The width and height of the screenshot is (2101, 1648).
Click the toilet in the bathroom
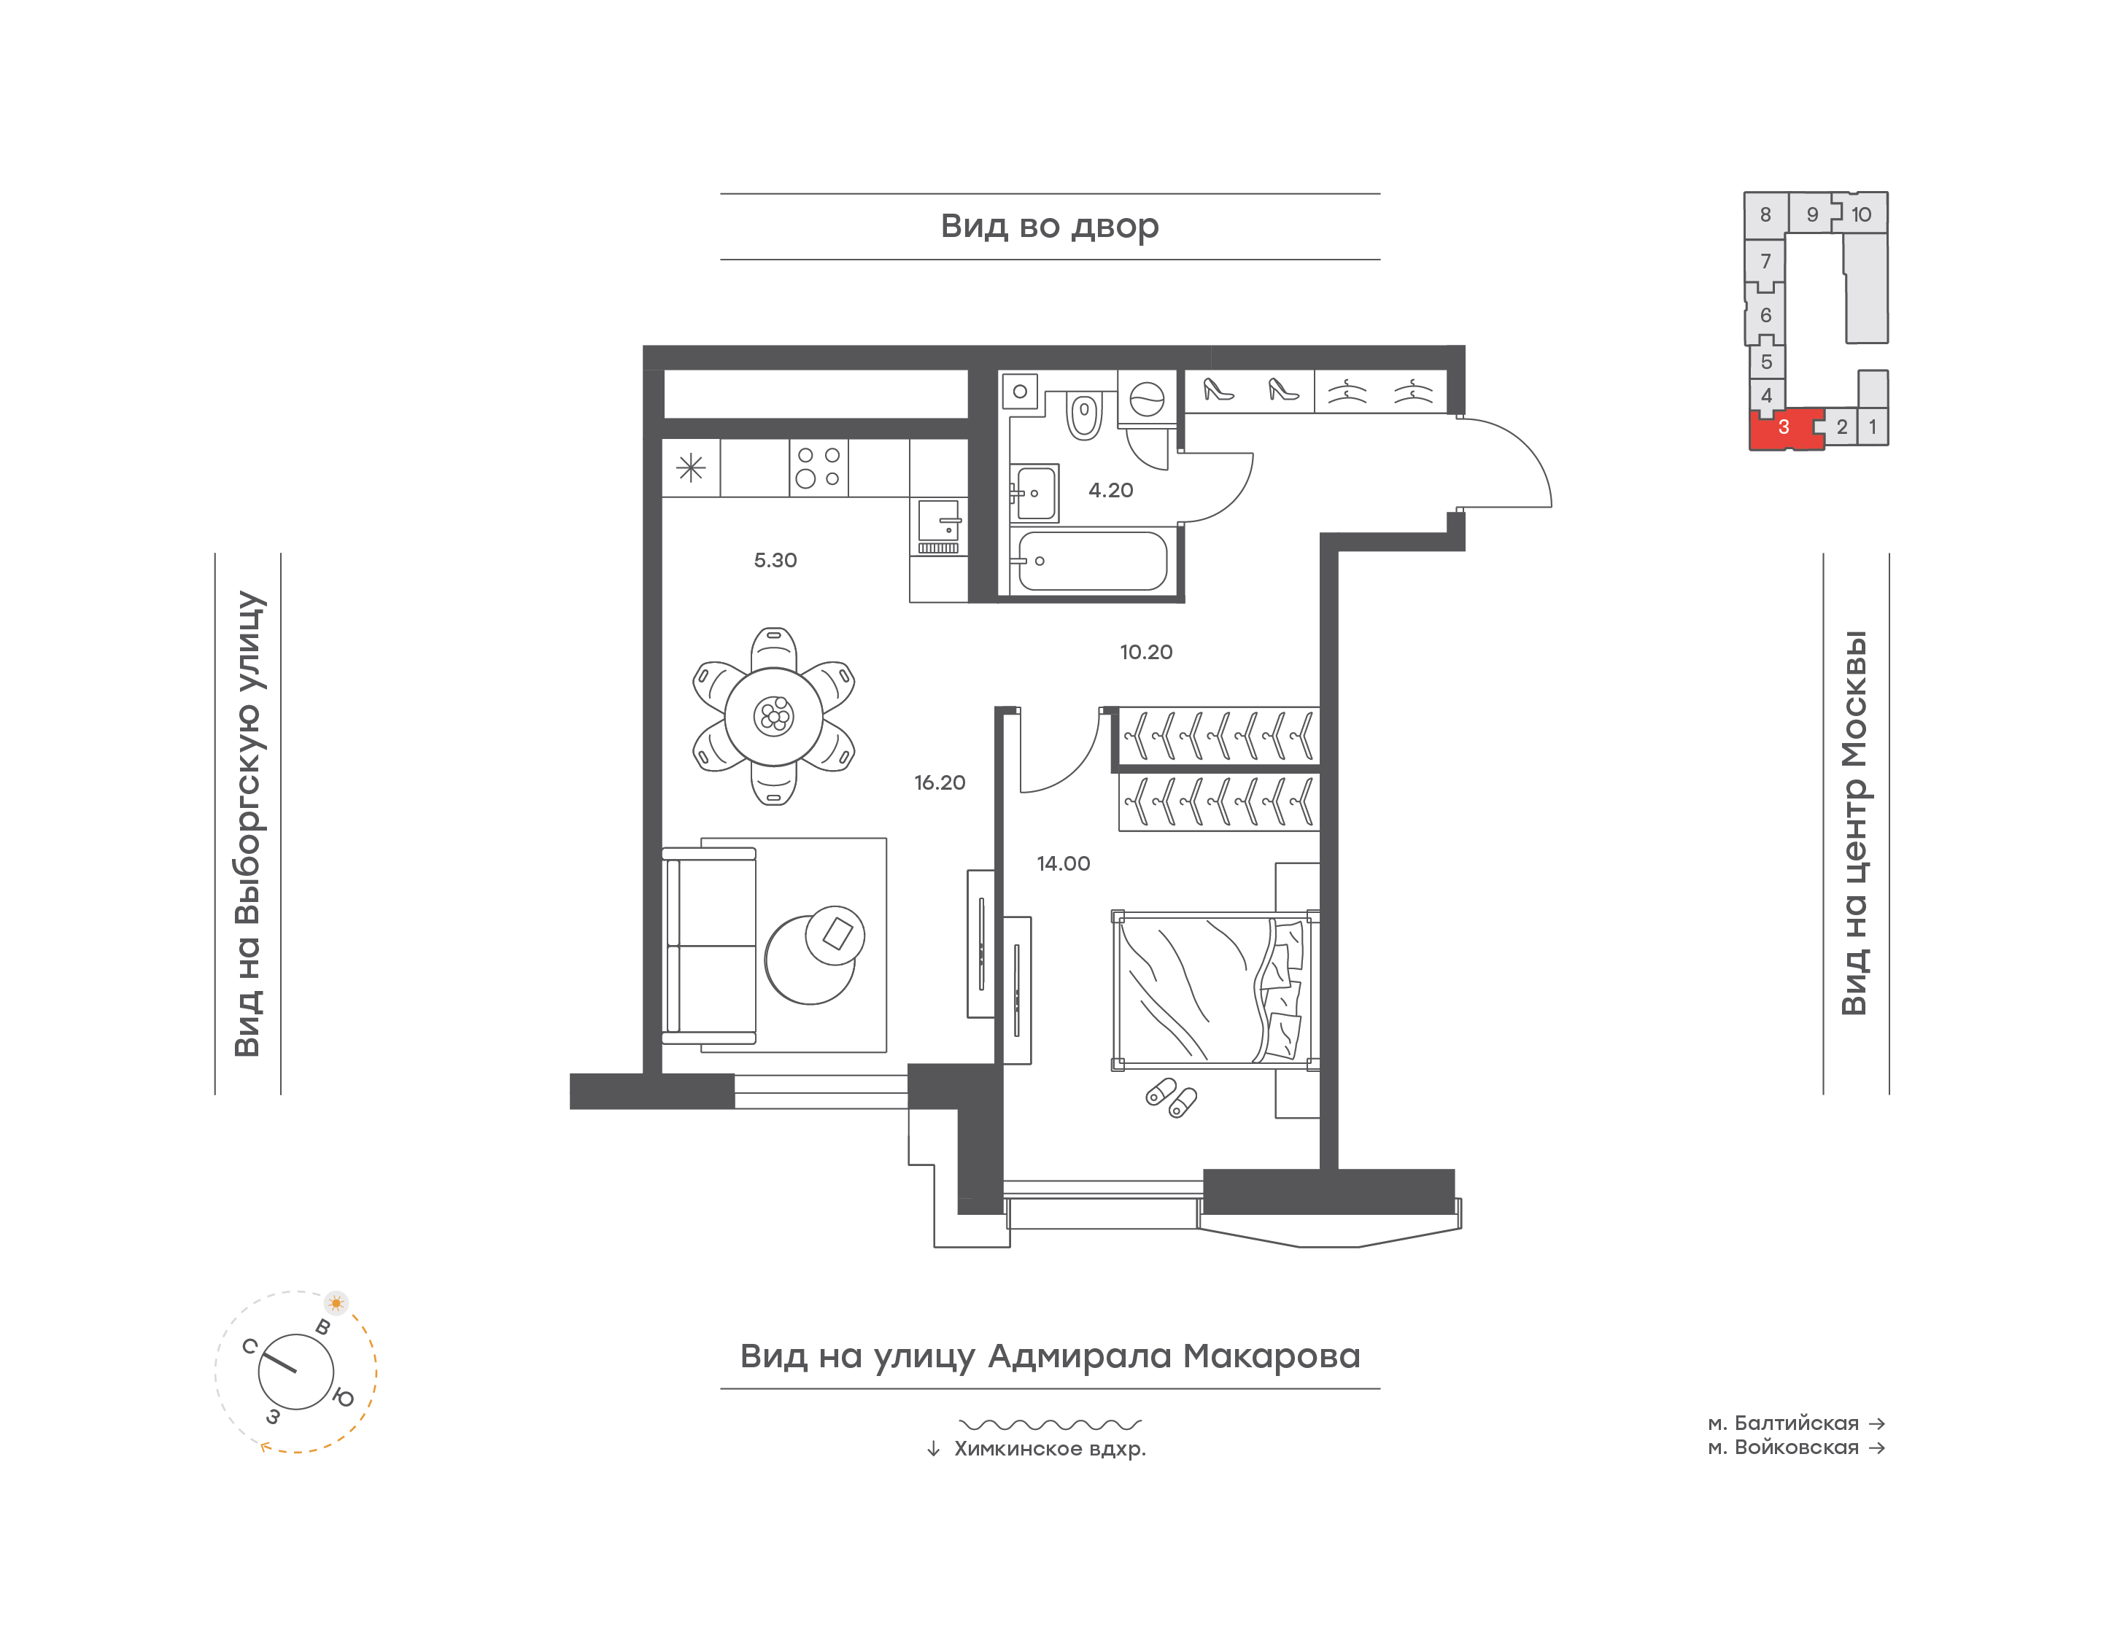[x=1084, y=414]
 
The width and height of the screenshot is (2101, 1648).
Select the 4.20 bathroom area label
[x=1111, y=490]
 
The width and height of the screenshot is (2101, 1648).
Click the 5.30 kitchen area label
[x=775, y=561]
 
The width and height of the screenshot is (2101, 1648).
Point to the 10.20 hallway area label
[x=1145, y=652]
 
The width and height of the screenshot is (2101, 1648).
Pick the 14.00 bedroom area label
[x=1064, y=863]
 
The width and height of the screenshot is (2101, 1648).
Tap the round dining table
[x=773, y=716]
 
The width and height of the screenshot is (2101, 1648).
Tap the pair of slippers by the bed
[x=1172, y=1098]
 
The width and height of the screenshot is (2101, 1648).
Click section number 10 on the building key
[x=1861, y=214]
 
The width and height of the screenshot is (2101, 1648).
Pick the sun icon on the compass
[x=336, y=1302]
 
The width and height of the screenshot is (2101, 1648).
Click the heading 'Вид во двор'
[x=1050, y=226]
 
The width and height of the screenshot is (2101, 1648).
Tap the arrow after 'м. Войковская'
[x=1877, y=1447]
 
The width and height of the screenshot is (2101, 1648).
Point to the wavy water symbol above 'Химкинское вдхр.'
[x=1050, y=1424]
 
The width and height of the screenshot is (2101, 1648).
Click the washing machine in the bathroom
[x=1147, y=398]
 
